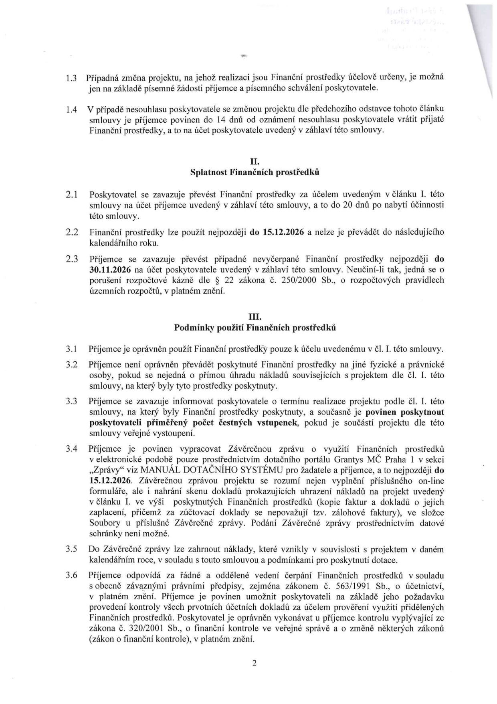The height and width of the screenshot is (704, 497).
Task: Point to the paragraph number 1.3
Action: point(71,77)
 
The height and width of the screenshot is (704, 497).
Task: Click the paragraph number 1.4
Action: point(71,109)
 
